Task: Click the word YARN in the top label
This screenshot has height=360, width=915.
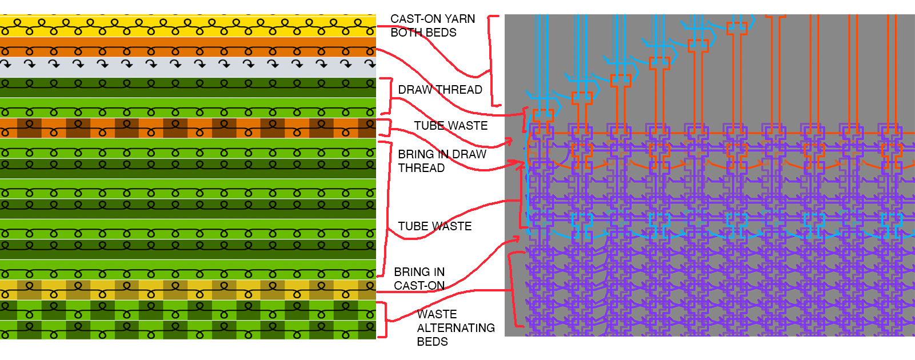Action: point(460,19)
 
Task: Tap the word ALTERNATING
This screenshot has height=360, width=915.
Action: point(455,328)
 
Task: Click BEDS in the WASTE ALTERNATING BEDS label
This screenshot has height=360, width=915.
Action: point(432,342)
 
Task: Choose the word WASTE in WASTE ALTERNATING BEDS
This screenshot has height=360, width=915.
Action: point(437,314)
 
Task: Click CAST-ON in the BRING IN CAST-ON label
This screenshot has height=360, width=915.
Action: point(419,286)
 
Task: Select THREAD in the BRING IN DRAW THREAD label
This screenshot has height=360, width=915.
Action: point(421,168)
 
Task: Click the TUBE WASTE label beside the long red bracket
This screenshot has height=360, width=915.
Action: point(435,226)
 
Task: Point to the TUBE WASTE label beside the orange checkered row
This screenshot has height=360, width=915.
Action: point(451,126)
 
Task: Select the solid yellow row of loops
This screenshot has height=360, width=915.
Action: point(187,26)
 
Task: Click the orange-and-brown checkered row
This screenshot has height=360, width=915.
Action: point(187,128)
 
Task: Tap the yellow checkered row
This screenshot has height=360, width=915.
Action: point(187,290)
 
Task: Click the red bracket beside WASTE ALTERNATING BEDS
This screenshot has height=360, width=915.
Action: point(385,319)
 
